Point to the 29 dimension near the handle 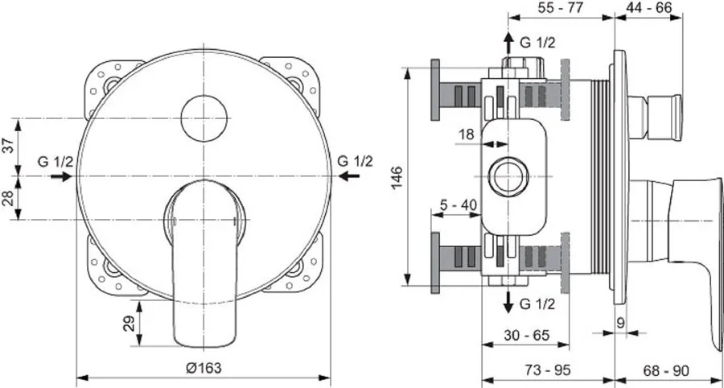129,325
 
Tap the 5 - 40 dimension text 459,204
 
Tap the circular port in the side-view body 508,176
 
